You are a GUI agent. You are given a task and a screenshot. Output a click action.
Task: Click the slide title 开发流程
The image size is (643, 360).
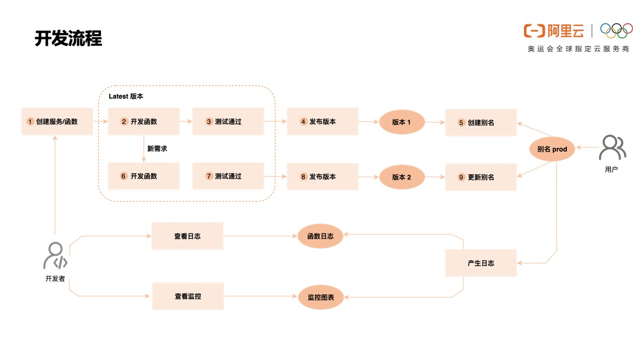coord(68,38)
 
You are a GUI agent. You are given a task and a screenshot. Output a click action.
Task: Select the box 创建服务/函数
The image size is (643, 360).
coord(57,121)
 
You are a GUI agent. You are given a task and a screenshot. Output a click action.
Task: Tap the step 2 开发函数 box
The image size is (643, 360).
coord(143,121)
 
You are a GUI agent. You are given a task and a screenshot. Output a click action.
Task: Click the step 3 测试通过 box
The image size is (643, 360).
coord(228,121)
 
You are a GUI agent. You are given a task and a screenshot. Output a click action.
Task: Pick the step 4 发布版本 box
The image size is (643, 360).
coord(322,121)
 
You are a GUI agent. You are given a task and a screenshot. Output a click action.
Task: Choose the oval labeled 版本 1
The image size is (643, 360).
coord(401,122)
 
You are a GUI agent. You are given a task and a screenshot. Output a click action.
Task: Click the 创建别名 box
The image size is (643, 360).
coord(481,122)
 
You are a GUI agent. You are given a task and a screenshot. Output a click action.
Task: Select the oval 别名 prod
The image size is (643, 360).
coord(552,149)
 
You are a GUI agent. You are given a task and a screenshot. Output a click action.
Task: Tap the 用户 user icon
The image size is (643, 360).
coord(612,148)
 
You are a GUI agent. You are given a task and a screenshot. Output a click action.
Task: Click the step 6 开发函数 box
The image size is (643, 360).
coord(143,176)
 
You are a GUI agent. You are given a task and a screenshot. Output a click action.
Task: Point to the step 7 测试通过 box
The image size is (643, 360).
coord(228,176)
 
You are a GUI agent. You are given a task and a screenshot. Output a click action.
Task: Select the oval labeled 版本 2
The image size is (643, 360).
coord(401,177)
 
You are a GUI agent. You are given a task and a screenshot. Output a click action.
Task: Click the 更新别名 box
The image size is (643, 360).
coord(481,177)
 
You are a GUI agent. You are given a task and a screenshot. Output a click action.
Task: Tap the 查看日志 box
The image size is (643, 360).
coord(187,236)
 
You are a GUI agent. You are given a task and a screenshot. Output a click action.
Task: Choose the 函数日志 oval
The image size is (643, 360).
coord(320,236)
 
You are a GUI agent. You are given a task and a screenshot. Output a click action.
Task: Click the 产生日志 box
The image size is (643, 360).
coord(481,263)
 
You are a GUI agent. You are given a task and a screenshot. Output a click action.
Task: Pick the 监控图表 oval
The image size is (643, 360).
coord(320,297)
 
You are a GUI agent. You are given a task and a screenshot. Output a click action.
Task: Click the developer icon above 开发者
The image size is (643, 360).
coord(56,256)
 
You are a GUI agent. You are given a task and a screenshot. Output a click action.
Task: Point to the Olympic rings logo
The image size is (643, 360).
coord(616,30)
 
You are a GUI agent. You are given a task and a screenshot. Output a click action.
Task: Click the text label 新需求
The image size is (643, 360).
coord(157,149)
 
